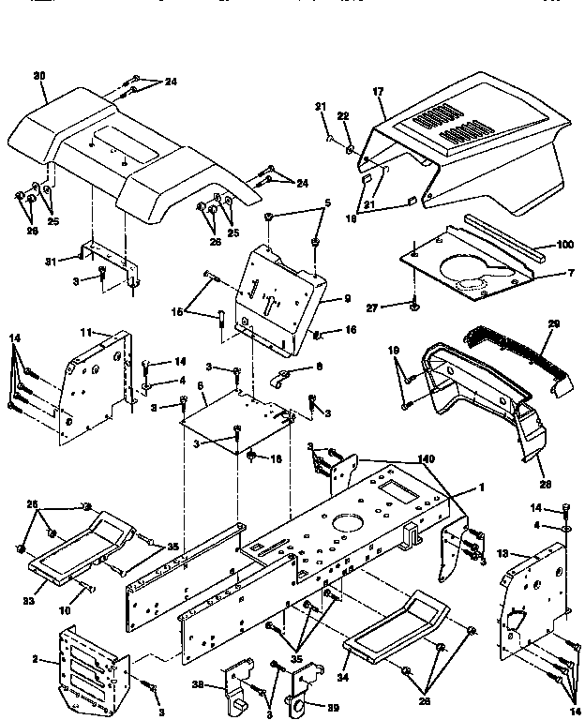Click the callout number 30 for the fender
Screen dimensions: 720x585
click(38, 75)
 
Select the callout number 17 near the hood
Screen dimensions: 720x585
click(379, 92)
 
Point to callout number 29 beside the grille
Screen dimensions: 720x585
click(553, 323)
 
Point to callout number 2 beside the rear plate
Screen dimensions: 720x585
click(36, 660)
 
